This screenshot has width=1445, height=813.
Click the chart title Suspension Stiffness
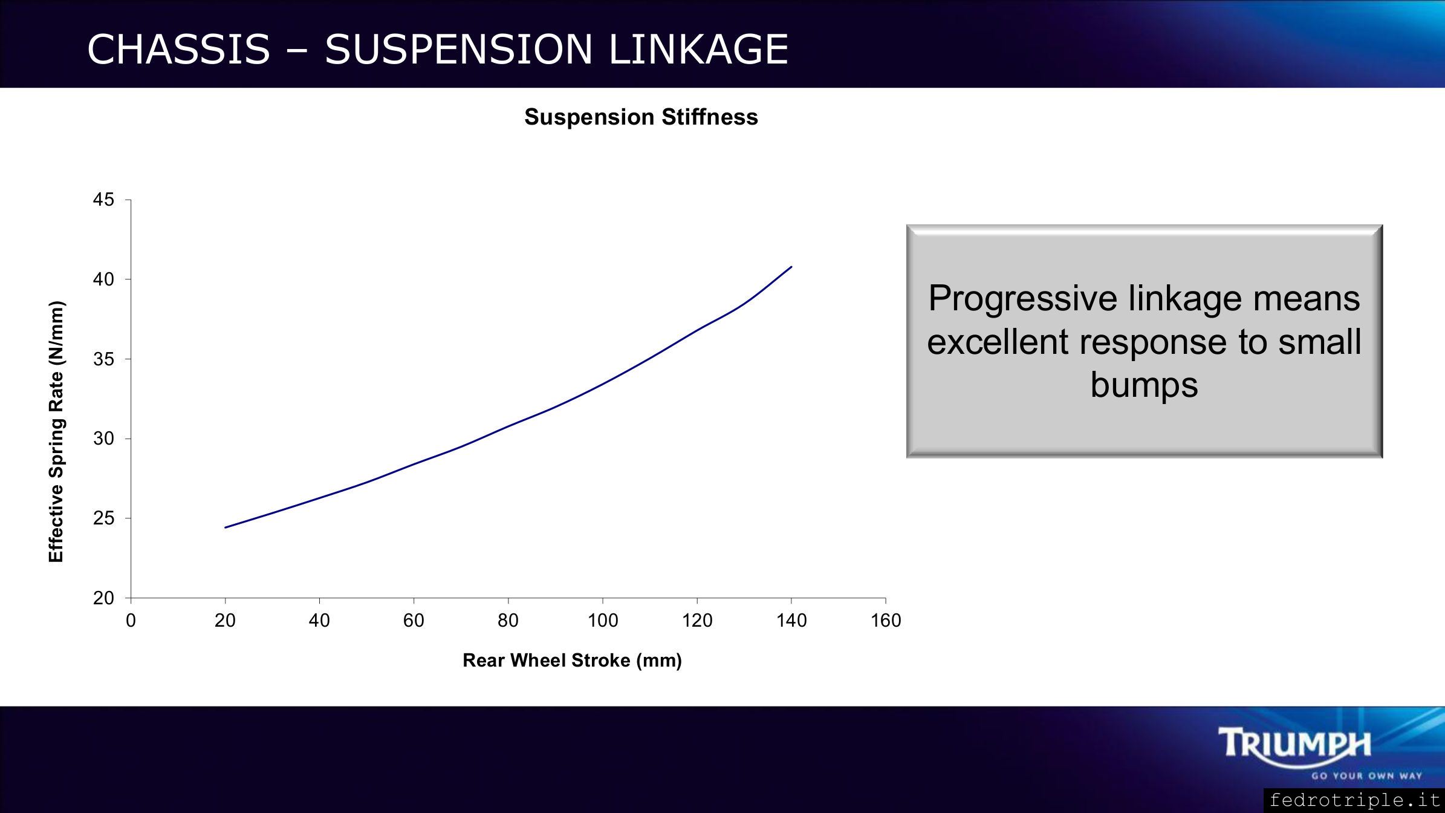tap(641, 117)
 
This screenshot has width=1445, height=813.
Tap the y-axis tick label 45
tap(103, 200)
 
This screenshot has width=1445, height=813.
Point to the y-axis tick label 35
tap(103, 359)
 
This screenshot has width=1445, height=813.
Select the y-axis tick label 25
tap(103, 518)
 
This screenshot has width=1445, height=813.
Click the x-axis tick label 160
tap(886, 621)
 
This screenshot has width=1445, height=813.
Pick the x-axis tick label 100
tap(603, 621)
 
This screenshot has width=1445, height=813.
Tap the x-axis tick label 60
tap(414, 621)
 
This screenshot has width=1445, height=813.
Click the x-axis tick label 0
tap(131, 621)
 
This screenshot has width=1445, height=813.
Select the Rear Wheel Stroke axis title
tap(572, 661)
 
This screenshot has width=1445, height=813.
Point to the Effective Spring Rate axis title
tap(56, 432)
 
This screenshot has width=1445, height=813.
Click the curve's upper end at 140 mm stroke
tap(791, 267)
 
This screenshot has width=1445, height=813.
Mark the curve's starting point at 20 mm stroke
tap(226, 527)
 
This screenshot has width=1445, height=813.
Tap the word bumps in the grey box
tap(1144, 385)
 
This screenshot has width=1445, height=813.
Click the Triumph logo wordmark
tap(1295, 743)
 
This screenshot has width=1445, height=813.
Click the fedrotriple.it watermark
tap(1354, 800)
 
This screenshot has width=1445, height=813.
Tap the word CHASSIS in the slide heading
tap(178, 49)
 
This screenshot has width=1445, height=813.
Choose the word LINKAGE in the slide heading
tap(698, 49)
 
